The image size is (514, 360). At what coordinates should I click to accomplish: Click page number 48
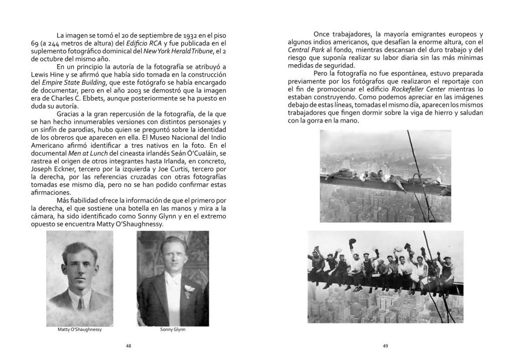tap(128, 345)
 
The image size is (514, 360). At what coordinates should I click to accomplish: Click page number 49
tap(385, 345)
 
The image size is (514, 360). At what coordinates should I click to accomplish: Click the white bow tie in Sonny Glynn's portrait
tap(172, 279)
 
